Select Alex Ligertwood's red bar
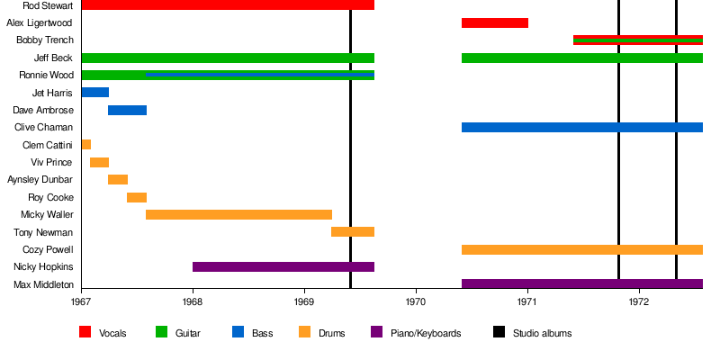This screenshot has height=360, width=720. (x=494, y=22)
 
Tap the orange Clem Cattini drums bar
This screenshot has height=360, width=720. (x=85, y=145)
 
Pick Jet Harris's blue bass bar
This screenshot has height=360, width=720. (x=94, y=93)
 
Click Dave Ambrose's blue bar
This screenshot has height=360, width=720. (x=127, y=110)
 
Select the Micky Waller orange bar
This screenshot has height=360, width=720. (x=238, y=214)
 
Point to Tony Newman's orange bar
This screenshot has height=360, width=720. (x=353, y=232)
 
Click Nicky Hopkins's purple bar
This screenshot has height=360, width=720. (x=283, y=267)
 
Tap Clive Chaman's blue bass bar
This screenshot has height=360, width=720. (x=581, y=127)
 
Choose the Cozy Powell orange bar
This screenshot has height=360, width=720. (x=581, y=249)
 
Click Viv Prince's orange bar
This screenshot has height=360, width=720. (x=99, y=162)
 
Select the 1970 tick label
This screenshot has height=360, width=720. (x=416, y=303)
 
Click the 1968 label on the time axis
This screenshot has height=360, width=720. (x=193, y=303)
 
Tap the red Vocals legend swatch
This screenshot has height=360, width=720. (x=85, y=332)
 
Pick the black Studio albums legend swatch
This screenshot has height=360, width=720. (x=499, y=332)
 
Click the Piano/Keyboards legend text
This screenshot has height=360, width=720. (x=427, y=333)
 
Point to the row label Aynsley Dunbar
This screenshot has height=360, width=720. (x=40, y=180)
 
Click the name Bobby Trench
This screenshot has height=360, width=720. (x=44, y=40)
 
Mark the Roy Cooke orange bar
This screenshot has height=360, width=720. (x=137, y=197)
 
